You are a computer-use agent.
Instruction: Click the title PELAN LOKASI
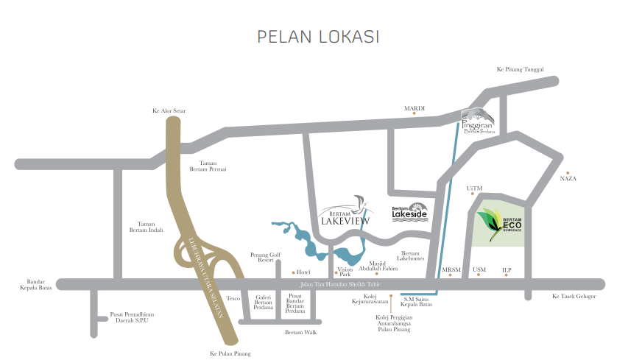tap(317, 36)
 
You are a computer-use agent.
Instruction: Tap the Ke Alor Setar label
tap(169, 111)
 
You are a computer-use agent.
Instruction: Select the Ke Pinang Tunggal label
tap(519, 69)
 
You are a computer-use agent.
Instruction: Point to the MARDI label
tap(415, 108)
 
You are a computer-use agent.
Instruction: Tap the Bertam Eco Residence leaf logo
tap(487, 220)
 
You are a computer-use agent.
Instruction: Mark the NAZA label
tap(568, 179)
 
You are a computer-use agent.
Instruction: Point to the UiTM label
tap(474, 188)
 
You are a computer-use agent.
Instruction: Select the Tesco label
tap(233, 298)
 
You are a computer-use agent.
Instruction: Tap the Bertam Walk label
tap(300, 333)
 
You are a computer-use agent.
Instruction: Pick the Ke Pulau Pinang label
tap(230, 354)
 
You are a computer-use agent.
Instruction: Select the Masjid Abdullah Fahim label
tap(378, 266)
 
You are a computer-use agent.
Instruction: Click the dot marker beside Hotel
tap(293, 272)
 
